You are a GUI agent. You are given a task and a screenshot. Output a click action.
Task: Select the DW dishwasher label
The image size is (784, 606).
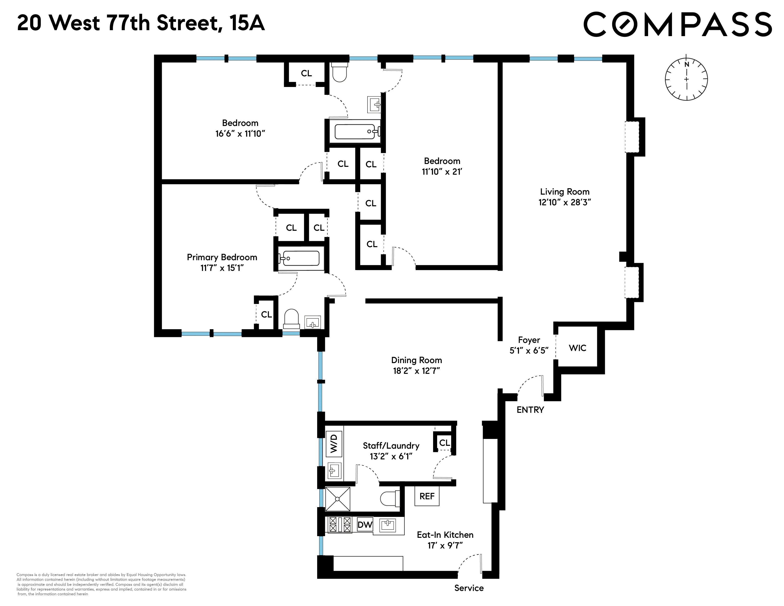point(365,524)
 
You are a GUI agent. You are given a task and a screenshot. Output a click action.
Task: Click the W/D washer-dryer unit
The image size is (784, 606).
point(334,443)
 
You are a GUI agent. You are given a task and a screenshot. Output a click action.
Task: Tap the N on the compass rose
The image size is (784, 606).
point(686,65)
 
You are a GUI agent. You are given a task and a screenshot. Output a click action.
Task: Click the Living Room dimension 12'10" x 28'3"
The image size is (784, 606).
point(564,202)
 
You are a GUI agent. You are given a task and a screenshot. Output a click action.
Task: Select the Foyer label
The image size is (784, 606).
point(529,340)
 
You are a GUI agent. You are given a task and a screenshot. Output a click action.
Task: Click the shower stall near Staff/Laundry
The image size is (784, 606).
point(337,499)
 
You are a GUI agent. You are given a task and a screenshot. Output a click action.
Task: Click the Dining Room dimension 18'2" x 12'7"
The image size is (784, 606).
point(416,370)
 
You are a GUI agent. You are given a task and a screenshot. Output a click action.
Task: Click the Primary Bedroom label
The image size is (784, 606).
point(222,257)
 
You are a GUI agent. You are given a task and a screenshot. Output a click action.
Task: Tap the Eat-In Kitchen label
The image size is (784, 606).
point(445,534)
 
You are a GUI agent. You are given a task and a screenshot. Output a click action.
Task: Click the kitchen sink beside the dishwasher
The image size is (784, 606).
point(388,525)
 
